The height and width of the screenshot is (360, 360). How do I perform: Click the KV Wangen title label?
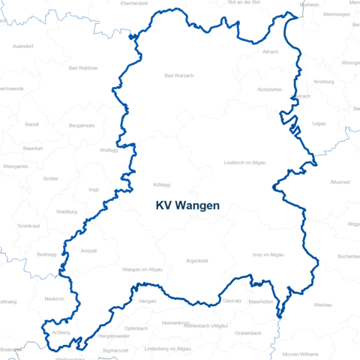[x=187, y=205]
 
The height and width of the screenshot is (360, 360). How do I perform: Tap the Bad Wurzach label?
[x=178, y=76]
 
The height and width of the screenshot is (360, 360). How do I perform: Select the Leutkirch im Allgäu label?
[x=244, y=163]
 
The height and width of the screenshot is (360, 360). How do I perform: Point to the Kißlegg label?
[x=162, y=184]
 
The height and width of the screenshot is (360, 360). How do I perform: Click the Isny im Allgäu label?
[x=268, y=256]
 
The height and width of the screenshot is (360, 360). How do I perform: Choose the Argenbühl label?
[x=196, y=261]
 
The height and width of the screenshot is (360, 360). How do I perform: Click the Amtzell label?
[x=88, y=250]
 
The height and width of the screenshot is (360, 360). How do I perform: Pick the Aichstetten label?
[x=269, y=89]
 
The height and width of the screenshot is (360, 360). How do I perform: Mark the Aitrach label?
[x=271, y=52]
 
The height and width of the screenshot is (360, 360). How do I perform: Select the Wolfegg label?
[x=109, y=150]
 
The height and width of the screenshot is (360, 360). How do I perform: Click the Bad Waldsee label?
[x=83, y=67]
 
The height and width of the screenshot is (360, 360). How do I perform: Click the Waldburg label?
[x=67, y=212]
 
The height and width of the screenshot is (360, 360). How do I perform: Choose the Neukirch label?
[x=55, y=298]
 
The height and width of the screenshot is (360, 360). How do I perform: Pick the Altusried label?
[x=339, y=181]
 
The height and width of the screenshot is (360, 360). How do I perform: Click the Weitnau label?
[x=323, y=305]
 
